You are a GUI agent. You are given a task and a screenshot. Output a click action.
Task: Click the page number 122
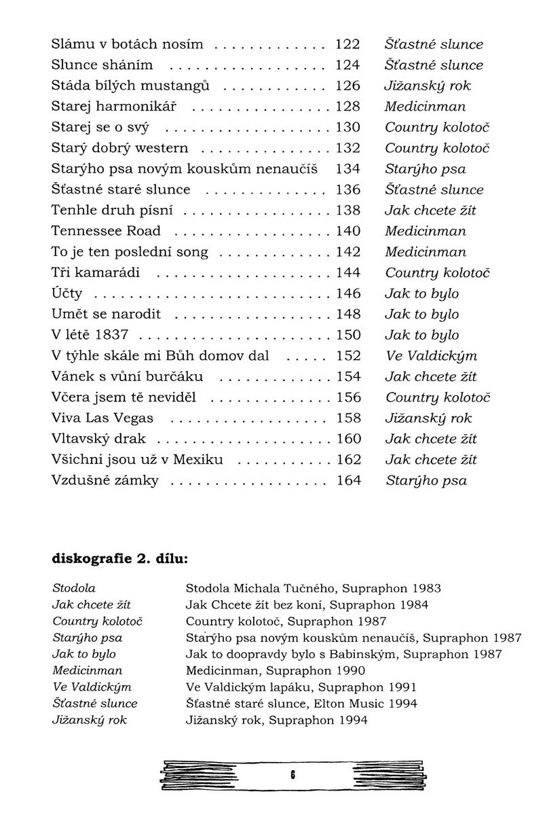348,45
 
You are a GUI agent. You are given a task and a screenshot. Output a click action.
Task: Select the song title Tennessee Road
106,232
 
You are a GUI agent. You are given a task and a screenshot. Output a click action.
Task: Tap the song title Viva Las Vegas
102,418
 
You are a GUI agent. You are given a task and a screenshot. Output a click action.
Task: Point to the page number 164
348,481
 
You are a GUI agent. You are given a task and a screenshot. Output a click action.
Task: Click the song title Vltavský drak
98,439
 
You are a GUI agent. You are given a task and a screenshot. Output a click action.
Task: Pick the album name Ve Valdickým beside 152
431,357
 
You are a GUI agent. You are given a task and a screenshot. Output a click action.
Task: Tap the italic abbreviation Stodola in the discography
74,588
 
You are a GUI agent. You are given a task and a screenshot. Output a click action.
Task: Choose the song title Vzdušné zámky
105,481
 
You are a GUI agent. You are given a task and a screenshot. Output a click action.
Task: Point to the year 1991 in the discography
402,687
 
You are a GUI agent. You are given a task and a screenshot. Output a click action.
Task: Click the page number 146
348,293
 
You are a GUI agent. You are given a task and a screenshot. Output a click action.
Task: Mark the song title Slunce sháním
102,65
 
